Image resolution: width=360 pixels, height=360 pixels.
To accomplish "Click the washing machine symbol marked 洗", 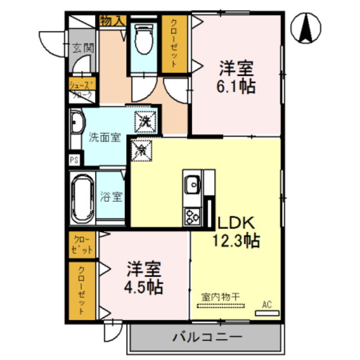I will coord(144,120).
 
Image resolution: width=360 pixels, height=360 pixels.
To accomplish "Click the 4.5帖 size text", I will coord(143,287).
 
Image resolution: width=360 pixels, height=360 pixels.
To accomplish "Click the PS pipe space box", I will coord(74,160).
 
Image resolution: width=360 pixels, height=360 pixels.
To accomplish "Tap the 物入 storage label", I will coord(111,21).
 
